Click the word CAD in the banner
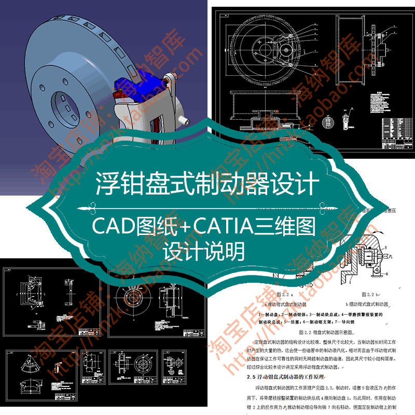109,226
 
